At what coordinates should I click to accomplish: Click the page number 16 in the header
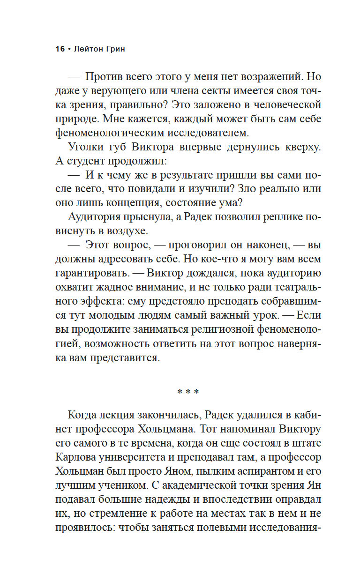tap(60, 50)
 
